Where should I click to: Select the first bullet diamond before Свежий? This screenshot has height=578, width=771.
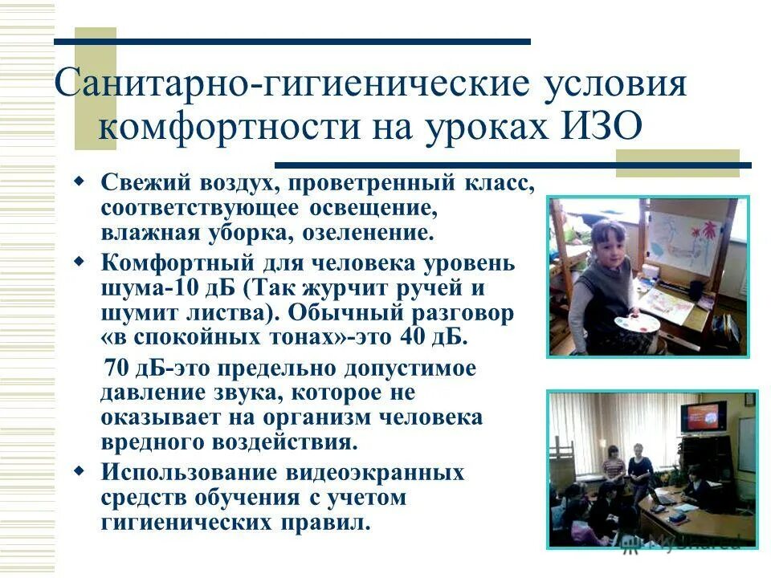(79, 182)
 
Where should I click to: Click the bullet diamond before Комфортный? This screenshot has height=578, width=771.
(79, 261)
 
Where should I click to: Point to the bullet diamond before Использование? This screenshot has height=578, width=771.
(79, 470)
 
